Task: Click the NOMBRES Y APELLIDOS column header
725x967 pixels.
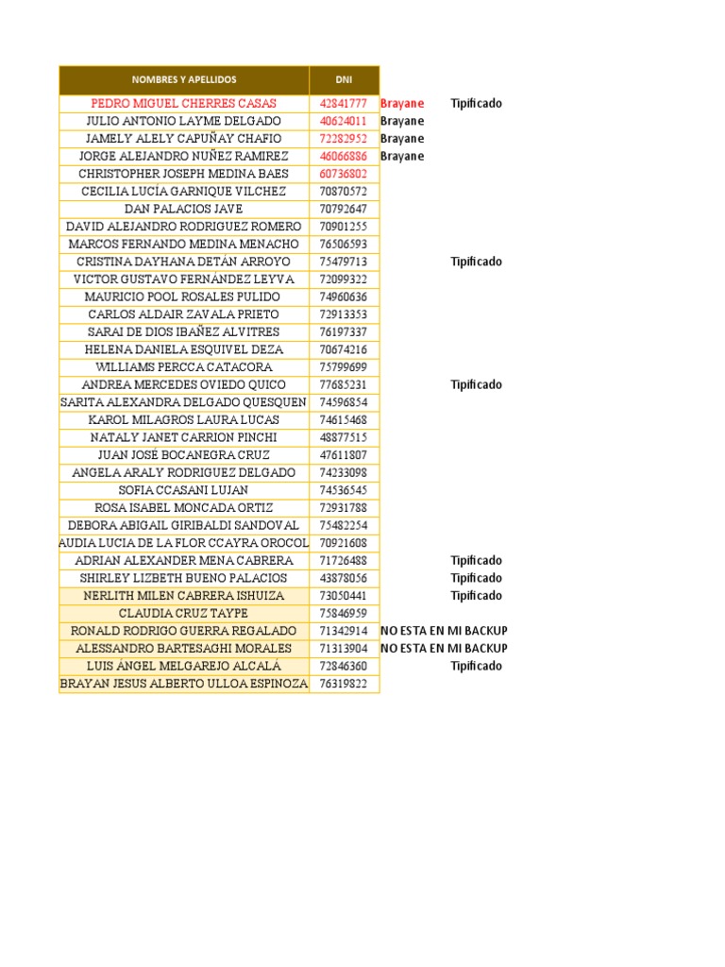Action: click(x=184, y=80)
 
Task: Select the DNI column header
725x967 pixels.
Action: click(x=344, y=80)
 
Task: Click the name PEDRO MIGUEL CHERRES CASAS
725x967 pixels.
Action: click(x=184, y=104)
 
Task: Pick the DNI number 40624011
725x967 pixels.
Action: click(x=344, y=121)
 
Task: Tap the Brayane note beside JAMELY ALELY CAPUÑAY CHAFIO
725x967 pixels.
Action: click(x=402, y=139)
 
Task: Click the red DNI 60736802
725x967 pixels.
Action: click(x=344, y=174)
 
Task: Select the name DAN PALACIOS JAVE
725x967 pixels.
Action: click(x=184, y=209)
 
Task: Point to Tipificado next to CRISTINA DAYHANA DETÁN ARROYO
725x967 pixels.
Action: click(x=476, y=262)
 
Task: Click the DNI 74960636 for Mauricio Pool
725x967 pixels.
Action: click(x=344, y=297)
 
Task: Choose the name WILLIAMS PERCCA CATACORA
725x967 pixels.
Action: click(x=184, y=367)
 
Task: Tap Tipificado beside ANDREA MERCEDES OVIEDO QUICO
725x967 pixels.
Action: click(x=476, y=384)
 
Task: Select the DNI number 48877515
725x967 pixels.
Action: click(x=344, y=437)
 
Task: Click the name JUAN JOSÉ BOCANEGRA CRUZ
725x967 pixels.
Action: click(x=184, y=455)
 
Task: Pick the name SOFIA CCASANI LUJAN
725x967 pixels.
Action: click(x=184, y=490)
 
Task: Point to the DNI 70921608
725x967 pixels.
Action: click(x=344, y=543)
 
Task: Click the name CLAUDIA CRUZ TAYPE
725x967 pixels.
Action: click(x=184, y=613)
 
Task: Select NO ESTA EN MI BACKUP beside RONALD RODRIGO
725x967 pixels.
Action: click(x=444, y=631)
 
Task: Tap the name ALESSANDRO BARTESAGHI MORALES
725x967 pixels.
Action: click(x=184, y=649)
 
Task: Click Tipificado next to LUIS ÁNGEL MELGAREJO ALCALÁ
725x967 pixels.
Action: click(x=476, y=666)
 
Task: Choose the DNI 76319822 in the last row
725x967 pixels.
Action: click(x=344, y=684)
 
